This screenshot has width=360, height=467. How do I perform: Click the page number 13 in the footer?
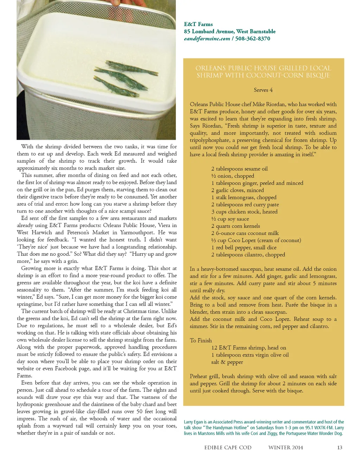pyautogui.click(x=339, y=447)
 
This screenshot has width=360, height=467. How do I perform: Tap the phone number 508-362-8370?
pyautogui.click(x=253, y=39)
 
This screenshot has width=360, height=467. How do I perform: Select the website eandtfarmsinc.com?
pyautogui.click(x=207, y=39)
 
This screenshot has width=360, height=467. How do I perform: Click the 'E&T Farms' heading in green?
pyautogui.click(x=198, y=24)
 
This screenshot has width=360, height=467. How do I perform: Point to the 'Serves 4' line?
pyautogui.click(x=263, y=90)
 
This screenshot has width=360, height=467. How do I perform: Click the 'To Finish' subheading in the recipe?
pyautogui.click(x=201, y=340)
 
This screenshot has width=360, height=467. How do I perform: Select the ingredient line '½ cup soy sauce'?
pyautogui.click(x=230, y=219)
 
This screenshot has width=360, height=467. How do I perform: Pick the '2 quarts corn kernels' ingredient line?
pyautogui.click(x=236, y=226)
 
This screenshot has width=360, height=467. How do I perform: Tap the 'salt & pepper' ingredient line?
pyautogui.click(x=227, y=362)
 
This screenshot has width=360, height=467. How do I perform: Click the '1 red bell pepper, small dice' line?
pyautogui.click(x=244, y=247)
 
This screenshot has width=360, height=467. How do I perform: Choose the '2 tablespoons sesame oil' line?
pyautogui.click(x=239, y=169)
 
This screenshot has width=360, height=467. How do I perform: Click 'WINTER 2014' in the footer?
pyautogui.click(x=285, y=447)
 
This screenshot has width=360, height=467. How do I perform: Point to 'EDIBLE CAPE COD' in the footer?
pyautogui.click(x=228, y=447)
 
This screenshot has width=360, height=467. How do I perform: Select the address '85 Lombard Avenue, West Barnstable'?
pyautogui.click(x=230, y=31)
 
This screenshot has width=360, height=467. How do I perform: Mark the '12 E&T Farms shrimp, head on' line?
pyautogui.click(x=249, y=348)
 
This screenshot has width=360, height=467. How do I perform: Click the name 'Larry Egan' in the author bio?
pyautogui.click(x=193, y=422)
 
